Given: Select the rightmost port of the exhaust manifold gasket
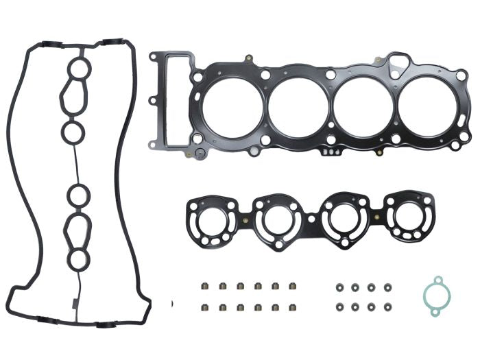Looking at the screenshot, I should [x=408, y=216].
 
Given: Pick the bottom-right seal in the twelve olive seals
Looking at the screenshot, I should [x=293, y=307].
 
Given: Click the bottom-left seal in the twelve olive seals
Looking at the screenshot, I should [x=204, y=307].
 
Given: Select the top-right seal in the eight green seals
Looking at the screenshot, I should [x=387, y=287].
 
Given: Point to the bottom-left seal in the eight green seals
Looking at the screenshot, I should [x=339, y=307].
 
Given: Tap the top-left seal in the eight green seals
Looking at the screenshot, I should [x=339, y=287].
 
